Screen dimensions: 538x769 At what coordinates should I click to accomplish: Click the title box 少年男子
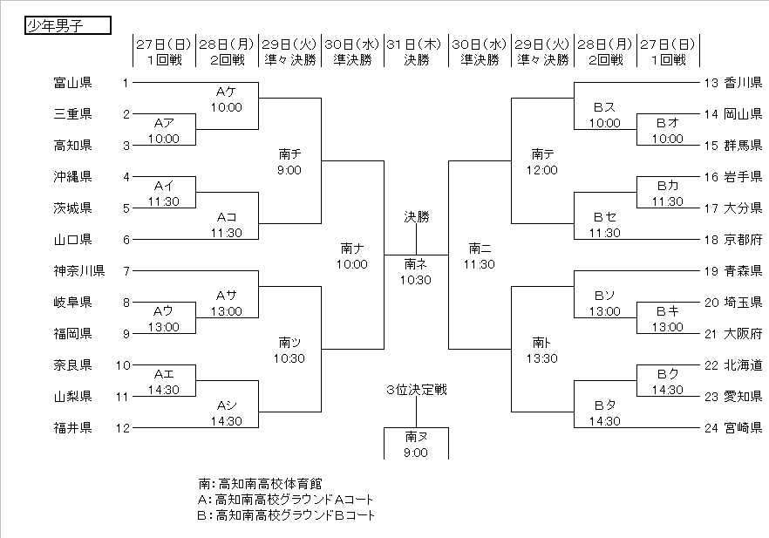(x=67, y=25)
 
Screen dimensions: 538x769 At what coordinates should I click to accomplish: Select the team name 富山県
(x=73, y=83)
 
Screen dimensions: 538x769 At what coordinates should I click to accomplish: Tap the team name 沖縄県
(x=73, y=177)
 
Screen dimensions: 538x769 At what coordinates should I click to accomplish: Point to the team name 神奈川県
(x=79, y=270)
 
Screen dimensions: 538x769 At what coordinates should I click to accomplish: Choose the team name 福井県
(x=73, y=427)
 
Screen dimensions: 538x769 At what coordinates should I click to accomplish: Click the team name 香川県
(x=743, y=83)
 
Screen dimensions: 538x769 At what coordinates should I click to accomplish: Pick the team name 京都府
(x=743, y=239)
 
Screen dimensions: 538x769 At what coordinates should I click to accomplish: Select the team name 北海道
(x=743, y=364)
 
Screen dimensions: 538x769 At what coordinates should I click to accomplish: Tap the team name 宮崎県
(x=743, y=427)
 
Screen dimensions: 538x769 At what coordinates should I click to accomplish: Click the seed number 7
(x=126, y=270)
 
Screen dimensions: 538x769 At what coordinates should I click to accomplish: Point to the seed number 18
(x=710, y=239)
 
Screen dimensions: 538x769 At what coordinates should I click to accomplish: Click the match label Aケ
(x=226, y=92)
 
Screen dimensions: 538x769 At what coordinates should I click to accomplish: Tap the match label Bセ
(x=604, y=216)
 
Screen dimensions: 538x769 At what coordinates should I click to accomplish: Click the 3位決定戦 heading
(x=416, y=390)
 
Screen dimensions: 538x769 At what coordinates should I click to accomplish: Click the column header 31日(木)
(x=416, y=44)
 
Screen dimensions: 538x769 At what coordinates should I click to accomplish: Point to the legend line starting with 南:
(x=260, y=482)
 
